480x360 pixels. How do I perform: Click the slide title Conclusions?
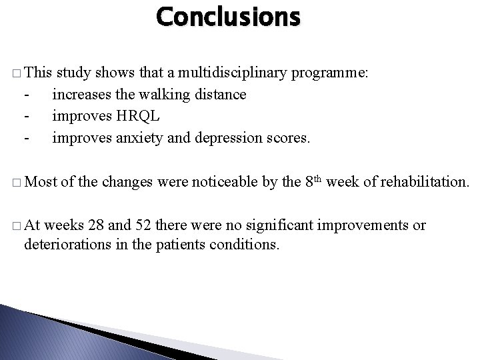pos(229,17)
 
